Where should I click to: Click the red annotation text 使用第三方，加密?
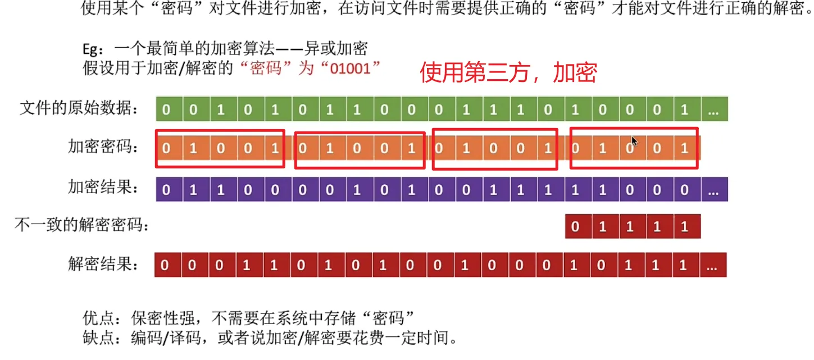click(x=508, y=73)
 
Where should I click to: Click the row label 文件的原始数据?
click(x=79, y=108)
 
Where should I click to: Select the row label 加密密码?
click(x=103, y=148)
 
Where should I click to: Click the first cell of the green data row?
click(x=166, y=110)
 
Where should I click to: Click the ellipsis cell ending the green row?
click(x=713, y=110)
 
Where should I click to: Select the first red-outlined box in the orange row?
click(x=220, y=148)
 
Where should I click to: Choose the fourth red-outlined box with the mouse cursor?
click(x=634, y=148)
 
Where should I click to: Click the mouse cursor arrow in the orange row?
click(x=634, y=140)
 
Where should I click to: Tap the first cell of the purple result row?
click(x=166, y=190)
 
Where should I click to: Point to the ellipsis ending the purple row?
click(x=713, y=190)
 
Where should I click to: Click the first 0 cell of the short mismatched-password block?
click(x=575, y=227)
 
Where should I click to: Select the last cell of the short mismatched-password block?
click(x=684, y=227)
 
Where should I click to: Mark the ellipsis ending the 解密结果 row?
click(x=712, y=266)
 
